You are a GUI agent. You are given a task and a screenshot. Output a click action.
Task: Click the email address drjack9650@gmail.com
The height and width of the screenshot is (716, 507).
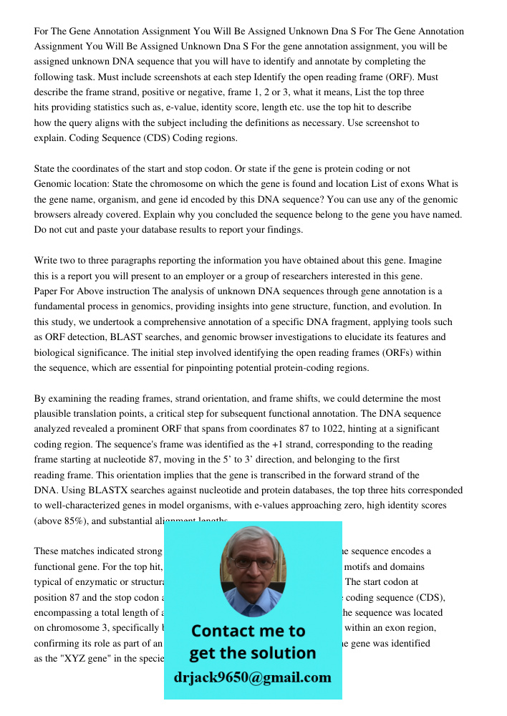click(x=252, y=677)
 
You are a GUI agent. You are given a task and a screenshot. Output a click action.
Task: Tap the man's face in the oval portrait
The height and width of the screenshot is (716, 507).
click(x=252, y=569)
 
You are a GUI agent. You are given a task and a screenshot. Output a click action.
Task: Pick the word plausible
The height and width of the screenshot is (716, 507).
click(x=55, y=414)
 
